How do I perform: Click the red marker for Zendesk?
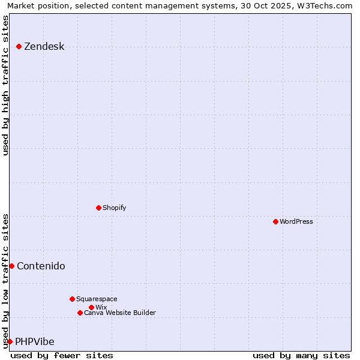coord(19,46)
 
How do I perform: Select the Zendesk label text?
coord(44,47)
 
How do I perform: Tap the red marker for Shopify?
coord(99,208)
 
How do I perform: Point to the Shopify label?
coord(114,208)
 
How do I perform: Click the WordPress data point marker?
coord(275,221)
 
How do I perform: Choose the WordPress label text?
coord(296,221)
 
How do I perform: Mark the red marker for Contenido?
coord(11,266)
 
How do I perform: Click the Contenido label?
coord(41,266)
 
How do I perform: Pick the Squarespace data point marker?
coord(72,299)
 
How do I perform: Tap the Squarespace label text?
coord(97,299)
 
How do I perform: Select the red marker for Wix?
coord(91,307)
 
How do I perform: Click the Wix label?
coord(101,307)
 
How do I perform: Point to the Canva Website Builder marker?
coord(80,313)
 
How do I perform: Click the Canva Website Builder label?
coord(119,313)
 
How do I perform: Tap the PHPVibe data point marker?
coord(10,341)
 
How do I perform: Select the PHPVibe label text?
coord(34,342)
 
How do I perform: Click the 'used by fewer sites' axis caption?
coord(62,355)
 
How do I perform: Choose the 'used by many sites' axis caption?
coord(301,355)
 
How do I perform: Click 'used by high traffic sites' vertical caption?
coord(5,85)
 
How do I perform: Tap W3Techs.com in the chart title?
coord(322,5)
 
